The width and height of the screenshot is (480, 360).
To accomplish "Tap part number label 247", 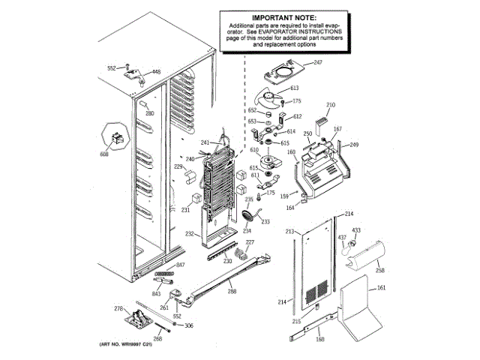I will (317, 62).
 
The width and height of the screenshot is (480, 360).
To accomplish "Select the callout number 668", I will (104, 154).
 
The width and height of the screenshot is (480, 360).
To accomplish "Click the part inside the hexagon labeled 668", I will (115, 138).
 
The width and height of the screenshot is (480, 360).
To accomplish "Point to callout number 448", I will (156, 72).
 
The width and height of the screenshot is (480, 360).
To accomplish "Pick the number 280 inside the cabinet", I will (149, 114).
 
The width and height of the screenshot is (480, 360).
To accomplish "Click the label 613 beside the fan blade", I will (294, 88).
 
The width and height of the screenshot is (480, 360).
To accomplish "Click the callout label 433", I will (356, 229).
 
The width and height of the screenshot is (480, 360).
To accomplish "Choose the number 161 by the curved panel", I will (381, 289).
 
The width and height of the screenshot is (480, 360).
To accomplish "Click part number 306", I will (189, 325).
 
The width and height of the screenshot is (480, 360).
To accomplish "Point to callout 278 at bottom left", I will (118, 308).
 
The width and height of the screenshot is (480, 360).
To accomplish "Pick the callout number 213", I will (289, 232).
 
